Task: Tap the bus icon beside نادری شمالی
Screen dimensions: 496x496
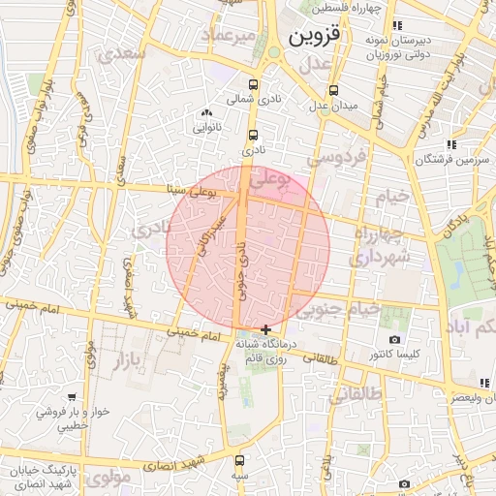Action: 254,84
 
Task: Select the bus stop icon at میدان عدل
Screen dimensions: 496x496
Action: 333,90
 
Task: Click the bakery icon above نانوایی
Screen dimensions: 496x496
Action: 206,113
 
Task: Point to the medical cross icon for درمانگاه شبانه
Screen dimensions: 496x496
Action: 266,329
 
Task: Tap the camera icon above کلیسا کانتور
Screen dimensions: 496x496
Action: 394,339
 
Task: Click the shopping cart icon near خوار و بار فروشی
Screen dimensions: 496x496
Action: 72,396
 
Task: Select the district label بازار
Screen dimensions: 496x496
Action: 115,364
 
